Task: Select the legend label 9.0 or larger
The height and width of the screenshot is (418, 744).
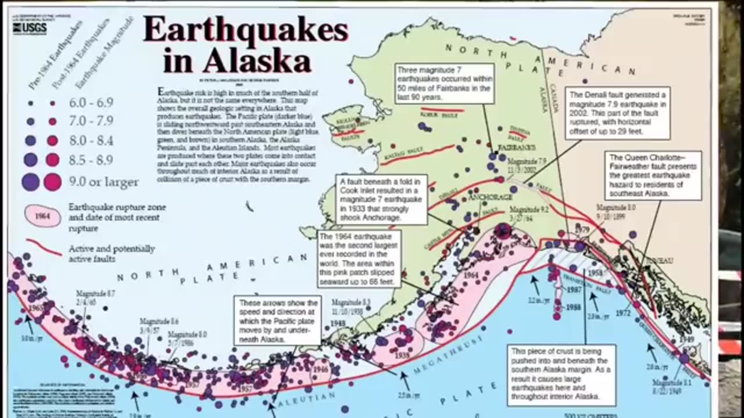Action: pos(103,182)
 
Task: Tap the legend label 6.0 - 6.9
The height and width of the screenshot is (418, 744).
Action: pos(91,103)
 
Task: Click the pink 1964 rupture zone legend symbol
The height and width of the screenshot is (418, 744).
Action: pos(42,216)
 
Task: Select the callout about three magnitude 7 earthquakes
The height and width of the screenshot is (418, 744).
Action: pos(445,84)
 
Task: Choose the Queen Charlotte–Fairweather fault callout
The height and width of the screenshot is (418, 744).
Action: pos(654,175)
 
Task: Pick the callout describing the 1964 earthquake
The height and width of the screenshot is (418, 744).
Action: pos(359,260)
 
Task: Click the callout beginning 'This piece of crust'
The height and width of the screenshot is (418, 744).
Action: pos(563,375)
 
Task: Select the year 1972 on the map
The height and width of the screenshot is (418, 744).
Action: pos(623,313)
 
